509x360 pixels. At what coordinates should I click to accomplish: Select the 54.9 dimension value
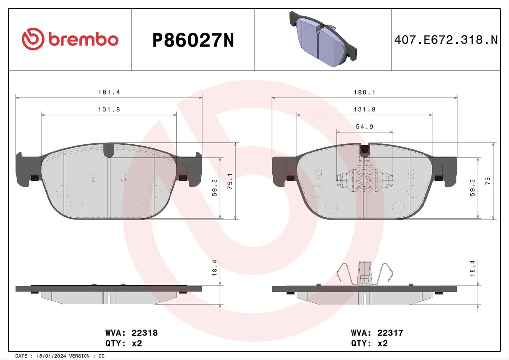coord(364,127)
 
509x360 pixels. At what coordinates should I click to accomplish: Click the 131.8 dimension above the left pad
coord(108,109)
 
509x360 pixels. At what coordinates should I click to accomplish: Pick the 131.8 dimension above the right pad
coord(364,109)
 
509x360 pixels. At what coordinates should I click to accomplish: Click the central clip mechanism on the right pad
coord(364,179)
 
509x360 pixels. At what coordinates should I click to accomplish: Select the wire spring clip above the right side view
coord(364,273)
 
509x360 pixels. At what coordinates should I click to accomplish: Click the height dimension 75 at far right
coord(488,180)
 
